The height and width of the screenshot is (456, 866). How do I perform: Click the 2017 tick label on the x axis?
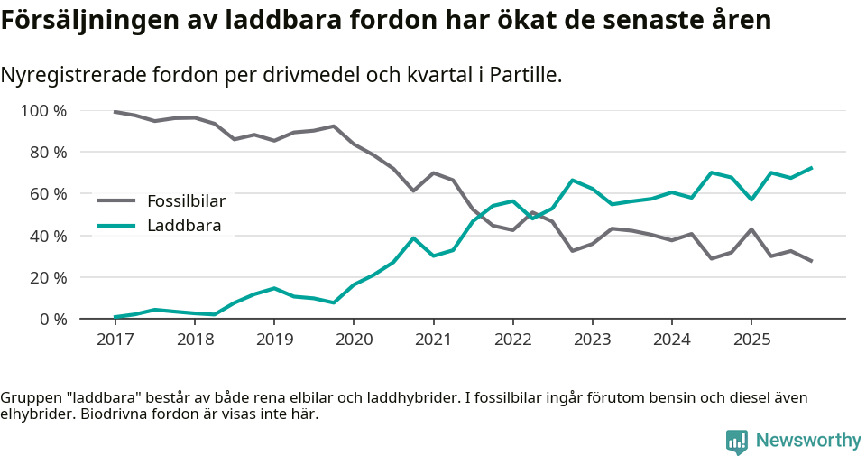[115, 340]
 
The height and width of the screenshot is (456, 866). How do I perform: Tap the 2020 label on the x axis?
[353, 340]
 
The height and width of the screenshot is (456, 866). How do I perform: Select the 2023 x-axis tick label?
[592, 340]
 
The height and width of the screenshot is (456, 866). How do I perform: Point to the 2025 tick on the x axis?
[751, 340]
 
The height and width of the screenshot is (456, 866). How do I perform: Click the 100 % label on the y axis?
[44, 111]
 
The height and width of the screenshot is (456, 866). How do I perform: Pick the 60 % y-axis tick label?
[48, 194]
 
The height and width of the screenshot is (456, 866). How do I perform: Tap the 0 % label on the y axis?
[51, 319]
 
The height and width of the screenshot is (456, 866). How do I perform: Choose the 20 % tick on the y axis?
[48, 277]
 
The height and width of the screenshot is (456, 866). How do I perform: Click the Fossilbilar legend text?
[186, 200]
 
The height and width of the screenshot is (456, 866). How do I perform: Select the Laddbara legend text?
[183, 226]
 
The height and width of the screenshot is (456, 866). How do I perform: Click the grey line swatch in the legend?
[116, 200]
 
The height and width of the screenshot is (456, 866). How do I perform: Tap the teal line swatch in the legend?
[116, 226]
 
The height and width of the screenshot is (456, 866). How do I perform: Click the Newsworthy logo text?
[808, 440]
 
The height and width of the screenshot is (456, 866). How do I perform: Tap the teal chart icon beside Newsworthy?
[737, 441]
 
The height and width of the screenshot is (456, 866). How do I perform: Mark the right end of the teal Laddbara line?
[812, 168]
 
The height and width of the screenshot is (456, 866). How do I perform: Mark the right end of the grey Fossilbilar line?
[812, 261]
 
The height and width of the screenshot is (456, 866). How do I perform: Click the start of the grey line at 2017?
[115, 112]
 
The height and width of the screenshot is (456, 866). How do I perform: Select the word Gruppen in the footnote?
[29, 398]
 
